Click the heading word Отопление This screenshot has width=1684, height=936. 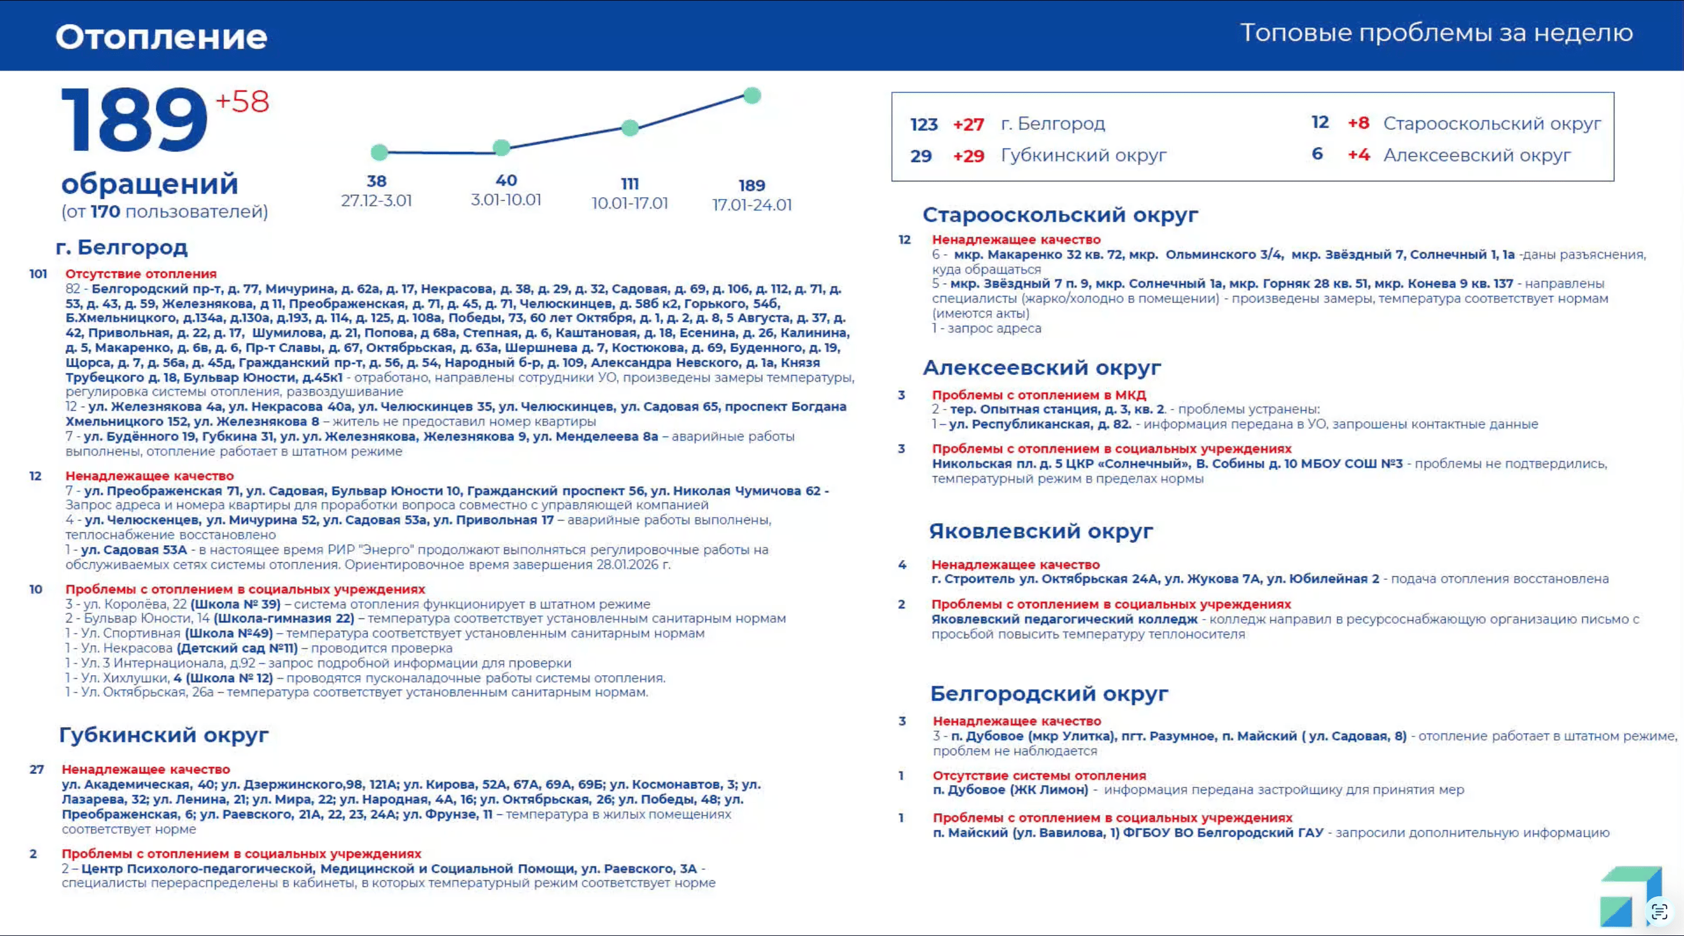point(161,37)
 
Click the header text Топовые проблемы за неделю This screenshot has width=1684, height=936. point(1436,33)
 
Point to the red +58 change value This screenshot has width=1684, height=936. point(242,102)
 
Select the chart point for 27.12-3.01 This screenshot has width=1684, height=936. point(379,152)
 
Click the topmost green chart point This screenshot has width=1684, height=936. point(752,95)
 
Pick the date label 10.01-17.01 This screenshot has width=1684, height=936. point(629,203)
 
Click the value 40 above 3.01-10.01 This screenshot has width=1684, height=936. point(506,180)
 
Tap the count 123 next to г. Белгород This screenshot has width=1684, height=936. point(924,124)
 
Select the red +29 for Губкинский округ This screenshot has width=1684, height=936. point(968,156)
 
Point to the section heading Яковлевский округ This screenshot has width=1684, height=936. point(1041,531)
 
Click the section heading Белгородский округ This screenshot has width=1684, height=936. point(1049,693)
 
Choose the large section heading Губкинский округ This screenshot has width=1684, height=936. point(163,735)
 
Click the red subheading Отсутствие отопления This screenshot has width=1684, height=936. point(140,274)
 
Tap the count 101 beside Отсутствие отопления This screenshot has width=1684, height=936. point(38,274)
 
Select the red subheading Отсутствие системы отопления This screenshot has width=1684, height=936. point(1039,775)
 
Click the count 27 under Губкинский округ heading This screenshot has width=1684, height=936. point(37,769)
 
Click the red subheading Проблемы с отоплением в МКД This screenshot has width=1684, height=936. point(1039,395)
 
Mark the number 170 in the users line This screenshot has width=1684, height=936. point(105,212)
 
